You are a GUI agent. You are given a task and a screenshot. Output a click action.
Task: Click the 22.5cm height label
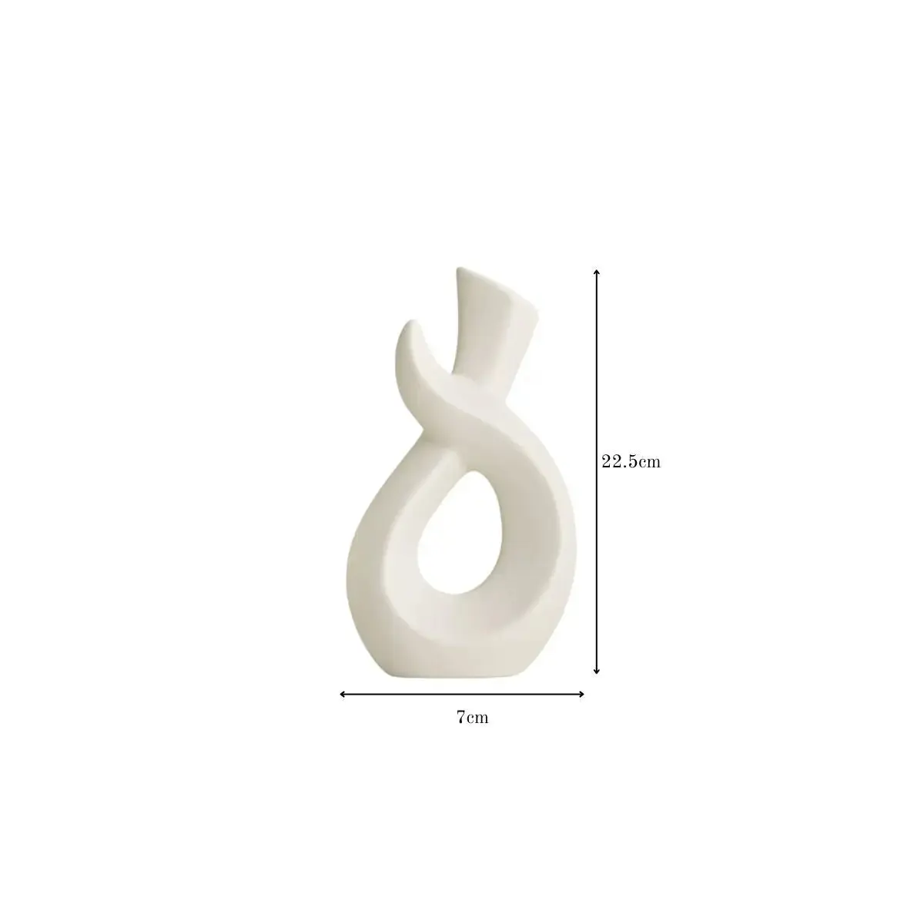631,462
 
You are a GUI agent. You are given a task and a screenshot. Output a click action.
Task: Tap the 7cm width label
472,718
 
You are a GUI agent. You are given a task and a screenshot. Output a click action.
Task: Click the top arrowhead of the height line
597,273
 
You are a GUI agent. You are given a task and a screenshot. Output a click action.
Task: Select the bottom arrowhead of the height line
597,671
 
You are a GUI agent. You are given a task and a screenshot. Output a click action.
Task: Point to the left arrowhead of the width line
343,694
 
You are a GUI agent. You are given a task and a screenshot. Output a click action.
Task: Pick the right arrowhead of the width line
581,694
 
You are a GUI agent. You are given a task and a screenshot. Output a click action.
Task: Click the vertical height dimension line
597,472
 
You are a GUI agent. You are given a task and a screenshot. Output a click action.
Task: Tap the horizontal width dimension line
462,694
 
